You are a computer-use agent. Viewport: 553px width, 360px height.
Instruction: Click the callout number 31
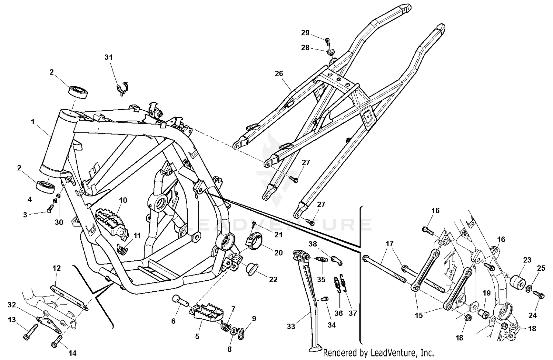tap(108, 57)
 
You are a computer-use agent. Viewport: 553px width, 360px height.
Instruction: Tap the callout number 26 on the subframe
tap(279, 73)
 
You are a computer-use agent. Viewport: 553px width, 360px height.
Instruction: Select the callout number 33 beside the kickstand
tap(291, 326)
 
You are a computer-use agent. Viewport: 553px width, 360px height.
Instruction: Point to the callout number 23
tap(527, 260)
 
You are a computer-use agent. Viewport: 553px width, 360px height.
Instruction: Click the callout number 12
tap(56, 268)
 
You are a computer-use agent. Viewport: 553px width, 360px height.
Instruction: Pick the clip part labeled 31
tap(122, 89)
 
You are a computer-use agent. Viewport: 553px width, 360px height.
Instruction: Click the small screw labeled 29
tap(327, 39)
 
